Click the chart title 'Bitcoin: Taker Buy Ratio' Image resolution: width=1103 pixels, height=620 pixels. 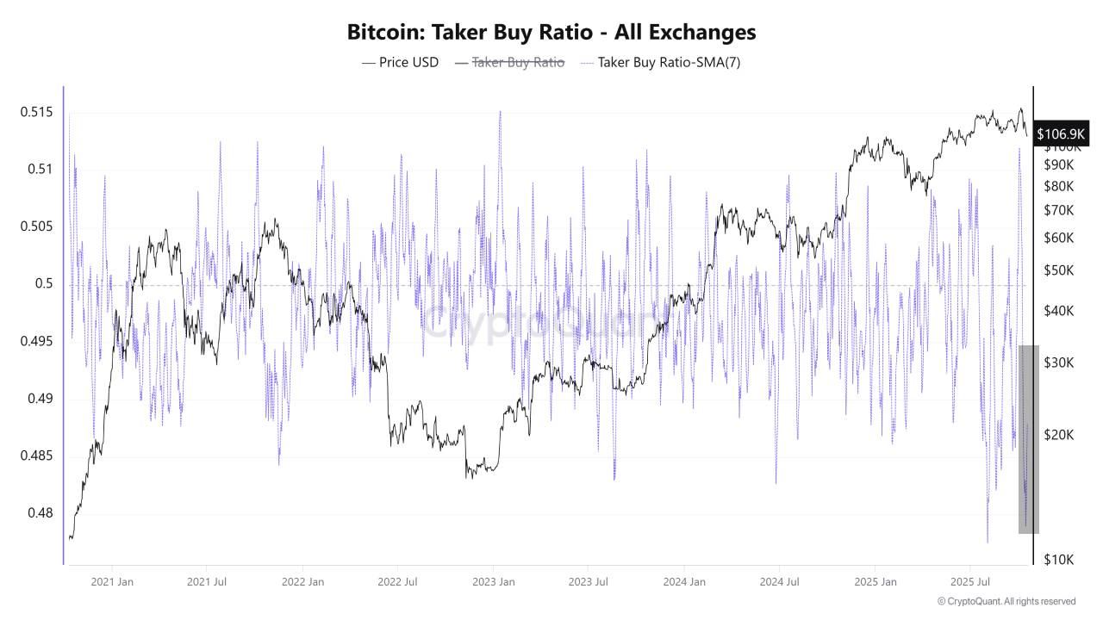tap(551, 32)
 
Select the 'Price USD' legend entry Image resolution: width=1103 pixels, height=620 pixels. tap(400, 62)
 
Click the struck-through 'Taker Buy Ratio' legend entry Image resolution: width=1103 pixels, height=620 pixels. tap(509, 62)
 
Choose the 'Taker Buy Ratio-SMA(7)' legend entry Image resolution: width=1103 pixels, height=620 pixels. tap(660, 62)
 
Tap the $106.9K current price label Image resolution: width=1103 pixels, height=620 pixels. tap(1062, 133)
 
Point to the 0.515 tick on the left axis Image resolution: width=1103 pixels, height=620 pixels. tap(36, 113)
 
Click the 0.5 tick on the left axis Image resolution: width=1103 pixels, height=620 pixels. tap(44, 284)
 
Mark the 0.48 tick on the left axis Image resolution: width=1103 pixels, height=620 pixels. tap(40, 513)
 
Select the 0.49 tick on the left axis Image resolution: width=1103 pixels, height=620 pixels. tap(40, 399)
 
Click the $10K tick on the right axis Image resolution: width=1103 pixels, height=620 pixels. tap(1058, 560)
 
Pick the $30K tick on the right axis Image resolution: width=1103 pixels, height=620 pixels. tap(1058, 363)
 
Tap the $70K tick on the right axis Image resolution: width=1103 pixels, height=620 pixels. tap(1058, 210)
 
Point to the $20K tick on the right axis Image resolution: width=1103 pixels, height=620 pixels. tap(1058, 435)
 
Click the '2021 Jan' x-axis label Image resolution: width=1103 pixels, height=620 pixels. tap(112, 581)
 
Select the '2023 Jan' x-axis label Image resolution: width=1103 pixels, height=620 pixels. tap(494, 581)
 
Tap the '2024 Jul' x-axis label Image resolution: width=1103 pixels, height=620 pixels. tap(778, 581)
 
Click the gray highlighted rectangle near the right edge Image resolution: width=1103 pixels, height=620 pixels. tap(1029, 439)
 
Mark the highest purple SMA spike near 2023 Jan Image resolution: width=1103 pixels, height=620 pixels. tap(500, 113)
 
